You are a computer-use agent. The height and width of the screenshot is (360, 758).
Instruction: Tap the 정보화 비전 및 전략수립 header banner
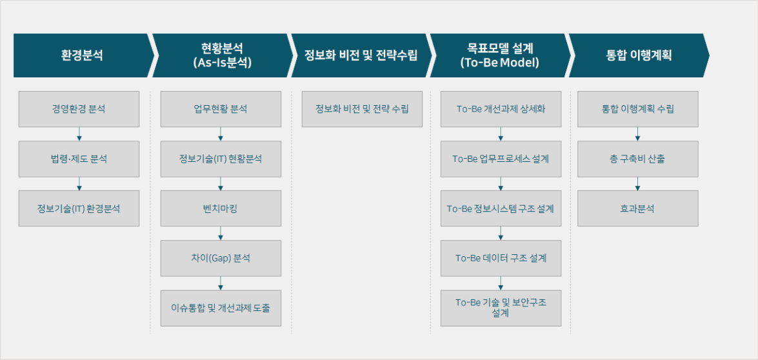(361, 55)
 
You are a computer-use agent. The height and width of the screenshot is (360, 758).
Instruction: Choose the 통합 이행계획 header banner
(639, 55)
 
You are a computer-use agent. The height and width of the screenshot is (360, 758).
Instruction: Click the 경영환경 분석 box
(79, 109)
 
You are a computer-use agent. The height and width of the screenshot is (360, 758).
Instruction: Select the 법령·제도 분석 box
(79, 159)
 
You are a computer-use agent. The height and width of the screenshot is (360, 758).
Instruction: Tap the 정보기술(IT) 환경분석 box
(79, 208)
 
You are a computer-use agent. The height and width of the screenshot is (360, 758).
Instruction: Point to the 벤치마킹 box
(221, 208)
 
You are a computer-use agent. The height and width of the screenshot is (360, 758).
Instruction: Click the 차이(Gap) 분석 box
(221, 258)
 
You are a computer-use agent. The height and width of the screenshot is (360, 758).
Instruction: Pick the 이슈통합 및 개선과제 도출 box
(221, 308)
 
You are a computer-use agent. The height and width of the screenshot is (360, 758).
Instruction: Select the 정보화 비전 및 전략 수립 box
(362, 109)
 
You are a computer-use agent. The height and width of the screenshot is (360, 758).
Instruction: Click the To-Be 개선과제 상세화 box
(501, 109)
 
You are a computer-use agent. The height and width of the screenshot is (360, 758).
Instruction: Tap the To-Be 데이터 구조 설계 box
(501, 258)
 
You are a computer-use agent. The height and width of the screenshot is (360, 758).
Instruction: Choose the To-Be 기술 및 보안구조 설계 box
(501, 308)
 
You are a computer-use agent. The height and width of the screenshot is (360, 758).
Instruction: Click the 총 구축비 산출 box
(637, 159)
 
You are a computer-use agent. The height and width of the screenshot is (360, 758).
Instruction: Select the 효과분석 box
(637, 208)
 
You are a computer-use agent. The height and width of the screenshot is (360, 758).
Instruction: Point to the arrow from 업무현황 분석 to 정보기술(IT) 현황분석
(221, 134)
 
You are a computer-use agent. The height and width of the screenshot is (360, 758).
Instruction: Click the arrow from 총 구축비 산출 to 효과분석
(637, 184)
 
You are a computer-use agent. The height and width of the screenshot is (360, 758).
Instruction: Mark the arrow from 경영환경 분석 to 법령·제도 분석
(79, 134)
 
